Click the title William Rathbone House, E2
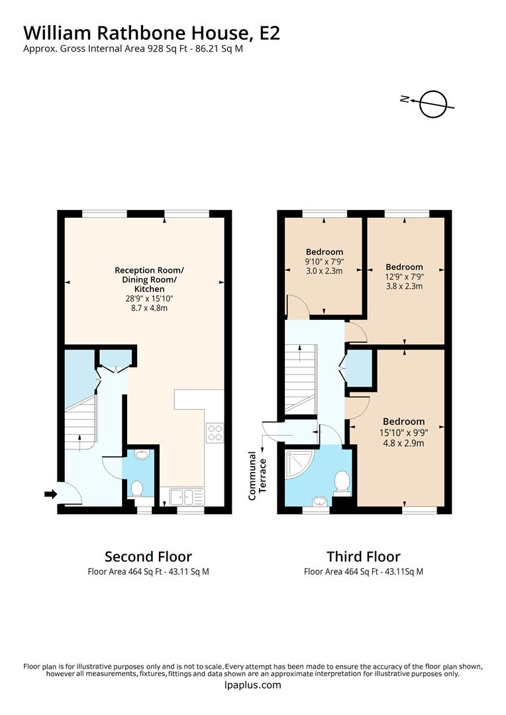[x=152, y=32]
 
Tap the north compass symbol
[x=431, y=103]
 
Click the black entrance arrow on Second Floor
[x=50, y=494]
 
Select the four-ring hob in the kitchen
[x=215, y=433]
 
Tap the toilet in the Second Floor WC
[x=137, y=489]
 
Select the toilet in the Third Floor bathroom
[x=342, y=482]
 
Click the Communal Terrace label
[x=256, y=475]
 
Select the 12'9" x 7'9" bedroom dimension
[x=404, y=277]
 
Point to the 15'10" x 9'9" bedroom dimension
[x=403, y=431]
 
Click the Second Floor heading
[x=148, y=556]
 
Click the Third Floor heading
[x=363, y=556]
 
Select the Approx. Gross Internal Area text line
[x=133, y=48]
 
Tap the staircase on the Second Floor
[x=80, y=424]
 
